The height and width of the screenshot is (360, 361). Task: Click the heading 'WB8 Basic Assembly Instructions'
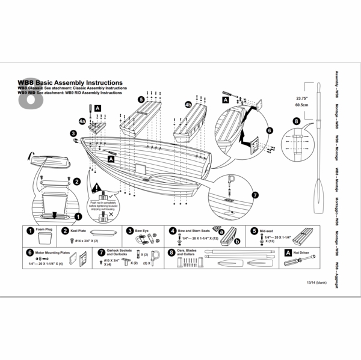[70, 82]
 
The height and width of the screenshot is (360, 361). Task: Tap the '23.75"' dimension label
[302, 96]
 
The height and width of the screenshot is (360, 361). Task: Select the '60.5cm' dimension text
[302, 104]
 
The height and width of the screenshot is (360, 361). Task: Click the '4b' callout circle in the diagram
[188, 104]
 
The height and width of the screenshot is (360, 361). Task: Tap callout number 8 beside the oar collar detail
[295, 120]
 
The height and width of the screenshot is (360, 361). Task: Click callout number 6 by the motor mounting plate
[269, 129]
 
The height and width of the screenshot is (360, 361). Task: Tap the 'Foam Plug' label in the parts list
[45, 230]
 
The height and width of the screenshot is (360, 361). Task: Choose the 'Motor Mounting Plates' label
[54, 253]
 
